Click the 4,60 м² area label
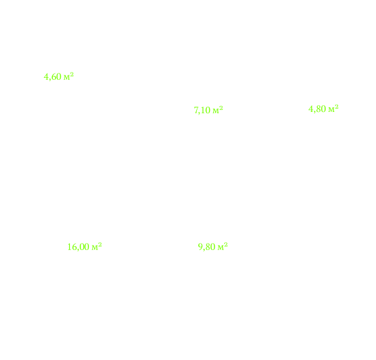click(58, 77)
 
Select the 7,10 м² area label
click(209, 110)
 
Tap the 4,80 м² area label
click(323, 109)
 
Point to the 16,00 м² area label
click(84, 247)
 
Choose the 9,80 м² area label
click(213, 247)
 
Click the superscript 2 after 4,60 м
click(72, 75)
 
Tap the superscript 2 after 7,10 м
click(221, 108)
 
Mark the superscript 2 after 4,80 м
click(337, 107)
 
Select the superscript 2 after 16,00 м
click(100, 245)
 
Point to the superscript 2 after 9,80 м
click(226, 245)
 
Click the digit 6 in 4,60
click(54, 77)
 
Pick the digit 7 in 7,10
click(196, 110)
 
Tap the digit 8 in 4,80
click(318, 109)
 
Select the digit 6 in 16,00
click(75, 247)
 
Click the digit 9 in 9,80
click(200, 247)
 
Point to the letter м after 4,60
click(67, 78)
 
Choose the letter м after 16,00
click(95, 247)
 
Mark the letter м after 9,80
click(220, 247)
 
